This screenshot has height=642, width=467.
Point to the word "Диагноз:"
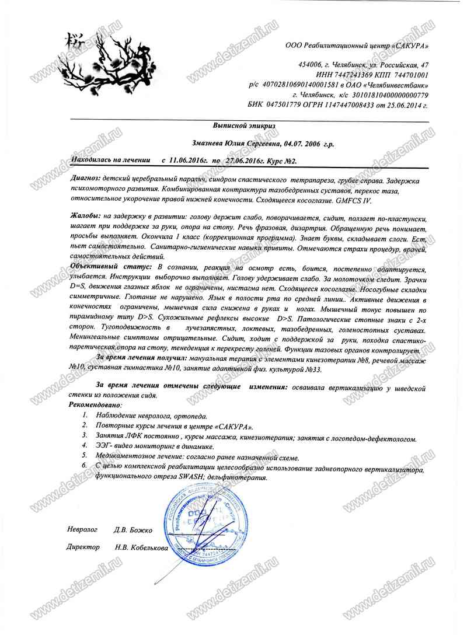tap(85, 176)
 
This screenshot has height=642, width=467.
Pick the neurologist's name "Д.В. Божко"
tap(133, 530)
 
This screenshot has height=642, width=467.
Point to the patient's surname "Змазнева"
tap(211, 143)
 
